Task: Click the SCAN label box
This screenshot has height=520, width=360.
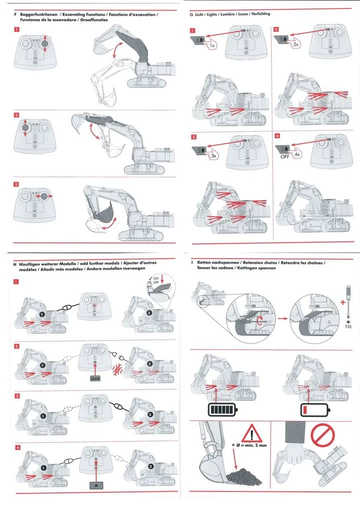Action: (x=95, y=378)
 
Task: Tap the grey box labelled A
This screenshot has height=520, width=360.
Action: (x=95, y=484)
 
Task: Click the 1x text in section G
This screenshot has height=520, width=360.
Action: (x=212, y=45)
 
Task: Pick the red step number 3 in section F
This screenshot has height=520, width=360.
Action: (x=17, y=184)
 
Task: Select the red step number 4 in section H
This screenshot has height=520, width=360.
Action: (x=17, y=446)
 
